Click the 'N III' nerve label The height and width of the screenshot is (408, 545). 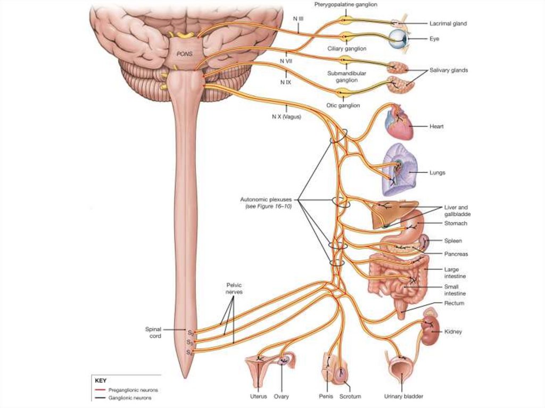[x=298, y=18]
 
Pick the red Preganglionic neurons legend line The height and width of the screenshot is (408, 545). [x=100, y=390]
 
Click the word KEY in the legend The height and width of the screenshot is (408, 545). [x=101, y=381]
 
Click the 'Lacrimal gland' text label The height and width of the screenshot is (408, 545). [x=448, y=23]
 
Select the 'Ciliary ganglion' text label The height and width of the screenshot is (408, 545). [x=346, y=48]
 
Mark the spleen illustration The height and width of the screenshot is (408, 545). [x=425, y=243]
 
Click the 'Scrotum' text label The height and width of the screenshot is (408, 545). [x=350, y=396]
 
